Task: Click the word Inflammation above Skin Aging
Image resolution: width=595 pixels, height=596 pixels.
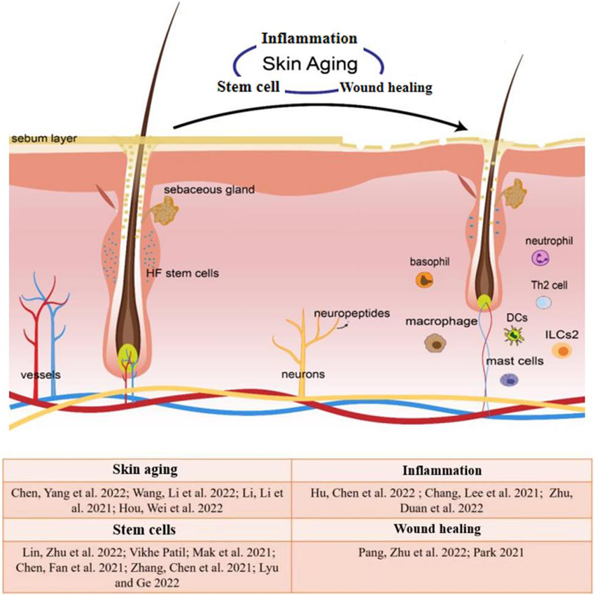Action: tap(309, 39)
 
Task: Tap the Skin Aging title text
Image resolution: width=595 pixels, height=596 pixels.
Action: tap(309, 64)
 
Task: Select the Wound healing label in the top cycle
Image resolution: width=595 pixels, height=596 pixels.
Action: tap(385, 88)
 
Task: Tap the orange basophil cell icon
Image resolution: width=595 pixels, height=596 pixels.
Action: tap(425, 280)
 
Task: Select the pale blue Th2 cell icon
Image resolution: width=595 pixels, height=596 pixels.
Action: tap(544, 303)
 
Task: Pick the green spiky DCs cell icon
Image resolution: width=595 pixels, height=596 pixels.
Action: tap(515, 335)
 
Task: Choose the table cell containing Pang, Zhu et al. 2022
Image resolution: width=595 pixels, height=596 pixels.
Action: tap(440, 552)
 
